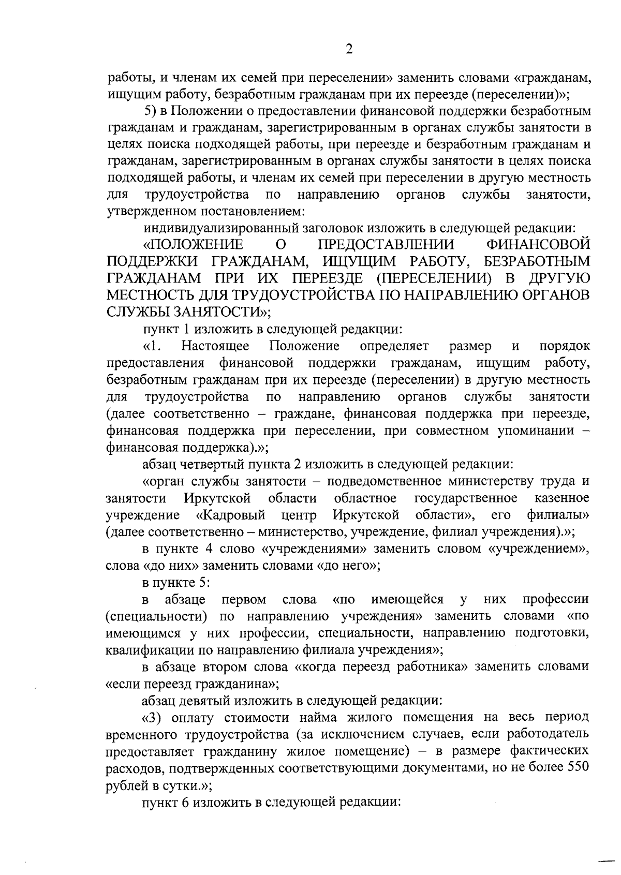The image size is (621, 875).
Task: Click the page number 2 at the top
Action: [x=349, y=50]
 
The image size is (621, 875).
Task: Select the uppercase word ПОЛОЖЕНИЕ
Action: [x=194, y=244]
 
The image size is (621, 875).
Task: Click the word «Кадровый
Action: [x=231, y=515]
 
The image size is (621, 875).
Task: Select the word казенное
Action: [x=562, y=498]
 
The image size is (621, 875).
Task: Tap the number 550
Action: [x=579, y=768]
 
